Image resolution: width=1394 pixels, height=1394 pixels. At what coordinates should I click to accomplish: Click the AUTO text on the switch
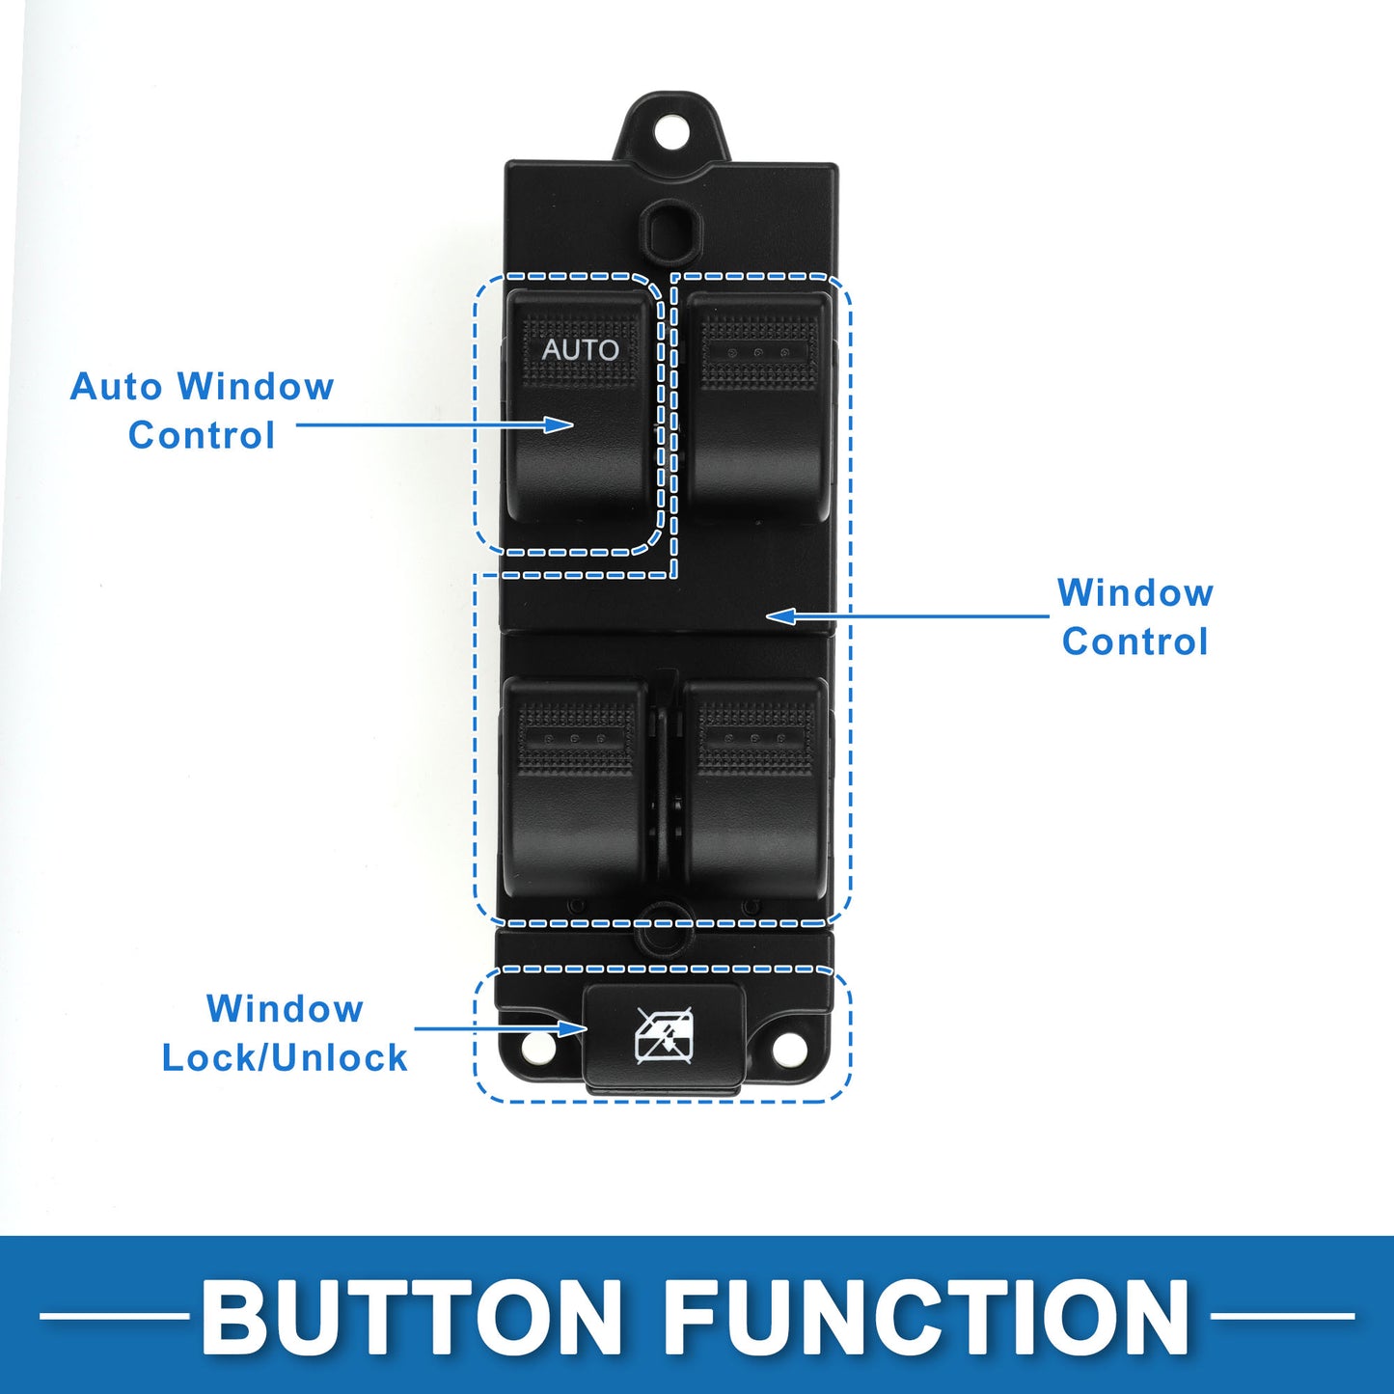pos(580,349)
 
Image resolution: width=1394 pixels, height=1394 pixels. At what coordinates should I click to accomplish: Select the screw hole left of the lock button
pos(536,1048)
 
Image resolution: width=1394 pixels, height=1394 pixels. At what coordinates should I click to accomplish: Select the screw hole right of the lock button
pos(788,1048)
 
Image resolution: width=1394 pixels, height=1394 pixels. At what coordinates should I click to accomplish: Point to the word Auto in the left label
pos(117,386)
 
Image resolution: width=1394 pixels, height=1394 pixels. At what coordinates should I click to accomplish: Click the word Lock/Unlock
pos(285,1057)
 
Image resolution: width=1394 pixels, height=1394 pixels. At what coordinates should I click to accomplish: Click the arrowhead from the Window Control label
pos(780,616)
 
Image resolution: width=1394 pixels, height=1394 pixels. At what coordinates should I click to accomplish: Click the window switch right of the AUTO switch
pos(758,406)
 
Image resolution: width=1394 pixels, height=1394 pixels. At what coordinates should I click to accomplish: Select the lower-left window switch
pos(574,788)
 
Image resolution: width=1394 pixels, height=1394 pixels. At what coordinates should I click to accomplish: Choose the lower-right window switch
pos(756,788)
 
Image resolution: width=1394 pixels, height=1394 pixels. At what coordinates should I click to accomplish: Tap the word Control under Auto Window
pos(201,435)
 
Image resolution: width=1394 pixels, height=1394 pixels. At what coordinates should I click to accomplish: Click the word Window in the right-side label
pos(1135,592)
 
